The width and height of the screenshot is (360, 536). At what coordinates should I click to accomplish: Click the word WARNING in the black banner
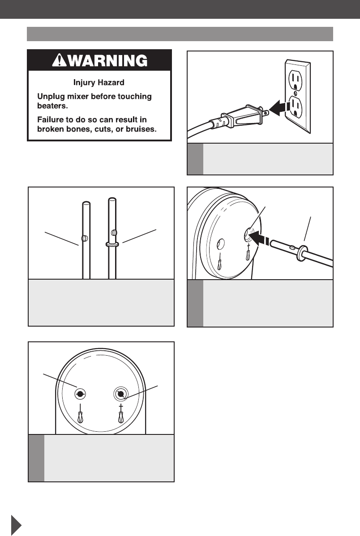[x=107, y=60]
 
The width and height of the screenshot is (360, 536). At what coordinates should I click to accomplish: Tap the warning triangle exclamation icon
[x=59, y=60]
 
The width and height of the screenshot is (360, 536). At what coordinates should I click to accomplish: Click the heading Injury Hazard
[x=99, y=82]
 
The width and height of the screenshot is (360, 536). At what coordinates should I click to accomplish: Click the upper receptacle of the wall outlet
[x=296, y=81]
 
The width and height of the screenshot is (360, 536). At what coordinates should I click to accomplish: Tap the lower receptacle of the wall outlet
[x=296, y=107]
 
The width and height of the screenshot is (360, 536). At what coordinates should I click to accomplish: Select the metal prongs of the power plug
[x=264, y=112]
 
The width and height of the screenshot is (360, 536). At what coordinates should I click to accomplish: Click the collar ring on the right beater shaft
[x=112, y=244]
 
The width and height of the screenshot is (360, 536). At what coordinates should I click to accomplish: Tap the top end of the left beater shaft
[x=86, y=204]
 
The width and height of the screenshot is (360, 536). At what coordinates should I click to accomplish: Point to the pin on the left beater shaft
[x=85, y=238]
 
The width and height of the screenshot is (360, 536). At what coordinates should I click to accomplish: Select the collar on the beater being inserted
[x=301, y=253]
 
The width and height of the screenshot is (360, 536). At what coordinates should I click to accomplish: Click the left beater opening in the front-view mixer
[x=80, y=394]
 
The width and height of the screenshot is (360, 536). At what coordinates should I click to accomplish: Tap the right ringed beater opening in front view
[x=120, y=394]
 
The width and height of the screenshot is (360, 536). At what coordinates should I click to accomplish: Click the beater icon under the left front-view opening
[x=80, y=413]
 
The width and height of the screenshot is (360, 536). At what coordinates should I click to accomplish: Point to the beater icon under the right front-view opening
[x=121, y=413]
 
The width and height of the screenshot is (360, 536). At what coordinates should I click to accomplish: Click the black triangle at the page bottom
[x=16, y=525]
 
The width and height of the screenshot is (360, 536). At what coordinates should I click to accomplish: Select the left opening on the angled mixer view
[x=221, y=244]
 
